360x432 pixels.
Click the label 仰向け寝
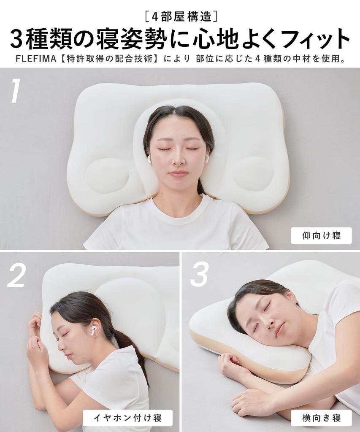pyautogui.click(x=321, y=235)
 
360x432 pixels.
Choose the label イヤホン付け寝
pyautogui.click(x=127, y=418)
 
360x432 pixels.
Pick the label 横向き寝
pyautogui.click(x=321, y=418)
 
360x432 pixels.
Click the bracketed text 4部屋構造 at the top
pyautogui.click(x=180, y=16)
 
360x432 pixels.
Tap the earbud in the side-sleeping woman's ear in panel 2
pyautogui.click(x=93, y=331)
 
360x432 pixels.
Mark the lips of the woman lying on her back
pyautogui.click(x=179, y=174)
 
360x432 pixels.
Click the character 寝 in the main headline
pyautogui.click(x=128, y=39)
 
